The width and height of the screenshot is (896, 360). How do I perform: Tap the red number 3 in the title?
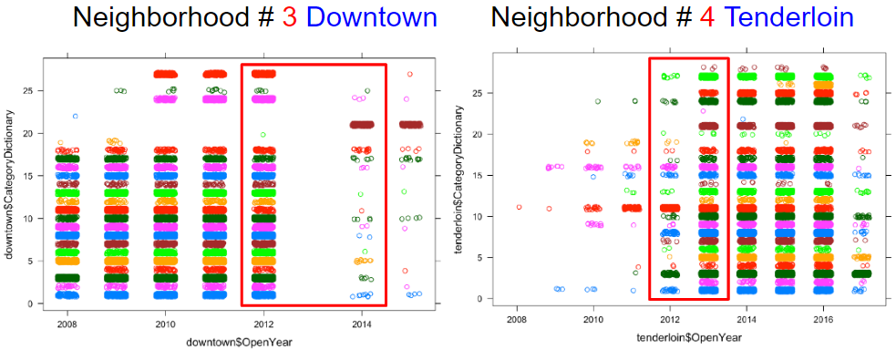[x=283, y=17]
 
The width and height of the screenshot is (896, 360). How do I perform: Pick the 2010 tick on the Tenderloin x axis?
[x=593, y=323]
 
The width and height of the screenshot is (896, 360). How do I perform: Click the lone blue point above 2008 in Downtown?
[x=76, y=116]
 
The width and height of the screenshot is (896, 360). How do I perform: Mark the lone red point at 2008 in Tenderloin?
[x=519, y=207]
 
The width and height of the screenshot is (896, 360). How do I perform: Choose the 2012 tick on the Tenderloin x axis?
[x=669, y=323]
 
